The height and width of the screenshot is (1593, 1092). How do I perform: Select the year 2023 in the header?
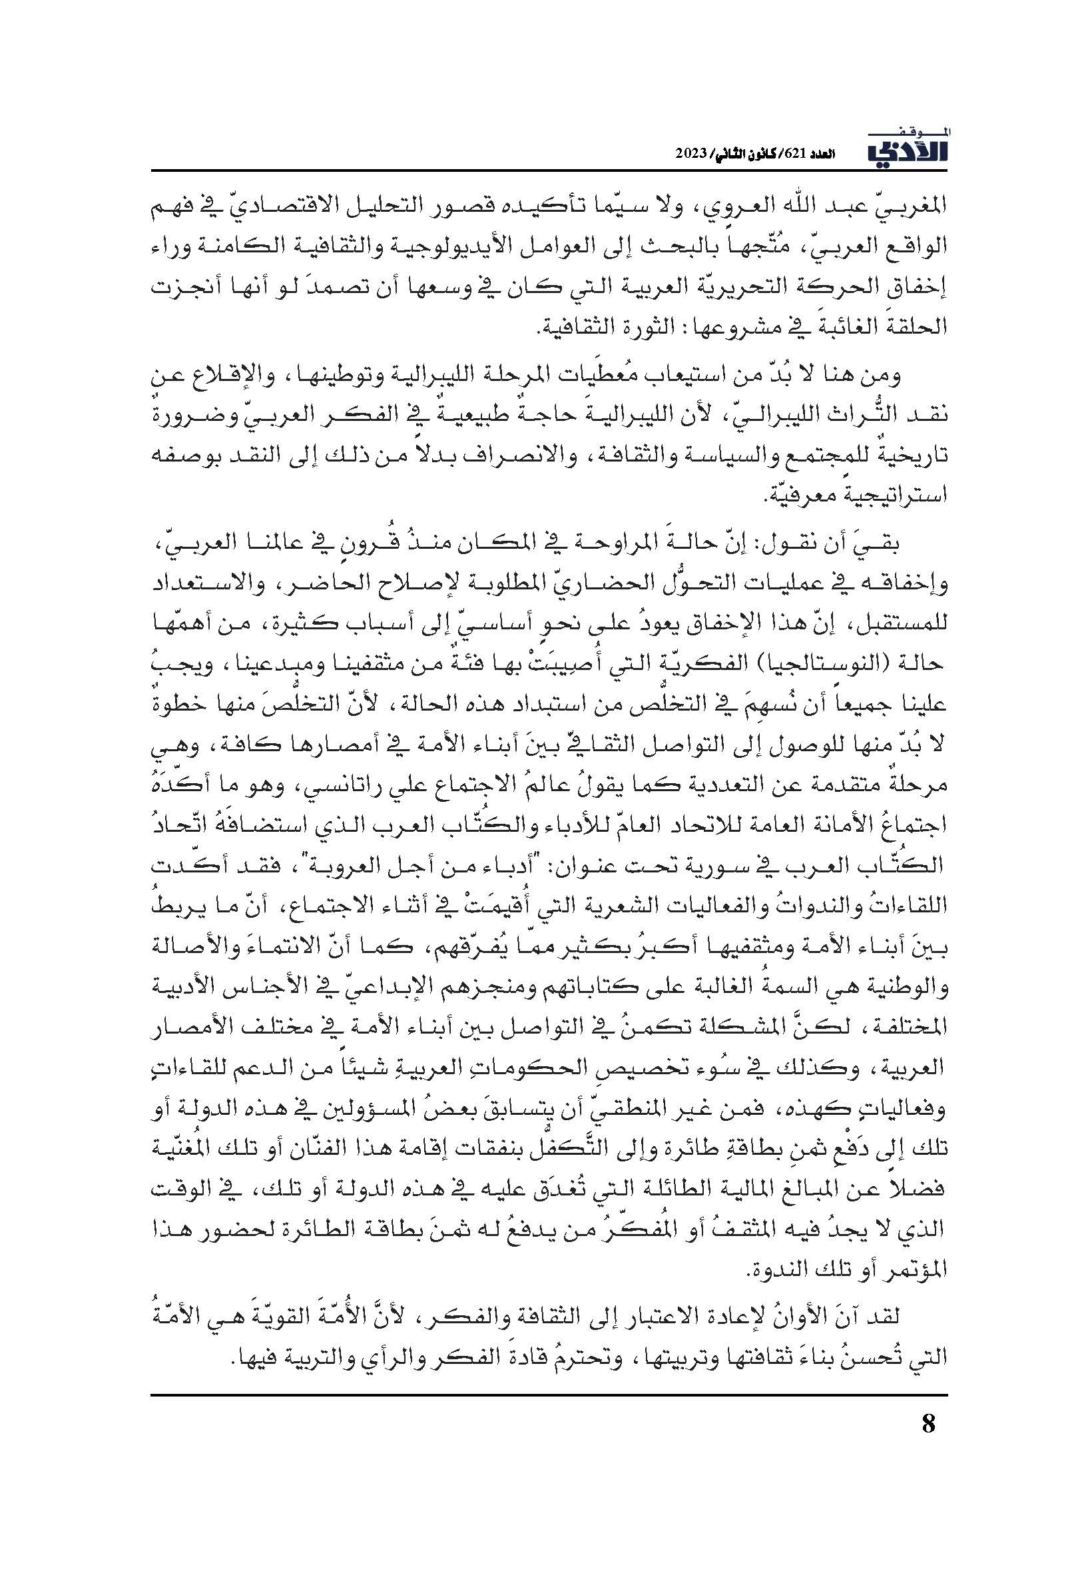coord(695,154)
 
